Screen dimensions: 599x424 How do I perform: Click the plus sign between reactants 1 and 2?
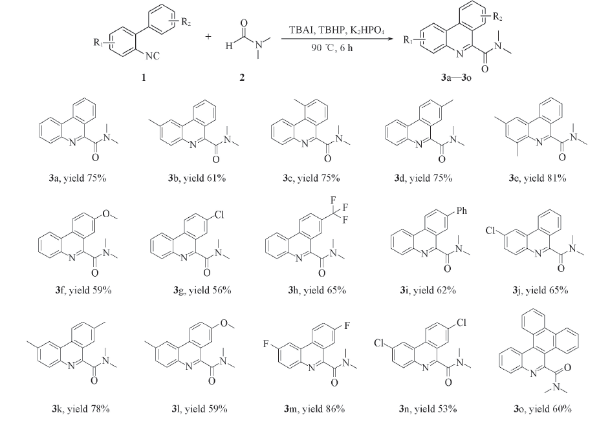click(208, 37)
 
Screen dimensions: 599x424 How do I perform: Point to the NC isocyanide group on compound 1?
click(153, 56)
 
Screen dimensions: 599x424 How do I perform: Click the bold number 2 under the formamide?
click(242, 77)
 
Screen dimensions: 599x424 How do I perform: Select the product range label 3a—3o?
click(456, 78)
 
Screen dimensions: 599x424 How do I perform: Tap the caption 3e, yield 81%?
click(538, 178)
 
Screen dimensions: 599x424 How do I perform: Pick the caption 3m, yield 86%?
click(314, 409)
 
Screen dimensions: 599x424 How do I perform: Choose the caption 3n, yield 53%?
click(428, 409)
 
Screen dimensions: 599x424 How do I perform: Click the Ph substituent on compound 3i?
click(461, 211)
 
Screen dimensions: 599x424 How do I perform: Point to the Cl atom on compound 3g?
click(219, 215)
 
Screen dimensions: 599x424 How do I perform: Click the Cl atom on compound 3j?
click(491, 230)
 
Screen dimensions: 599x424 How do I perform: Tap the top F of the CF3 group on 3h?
click(332, 200)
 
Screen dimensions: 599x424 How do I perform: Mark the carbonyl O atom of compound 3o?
click(567, 368)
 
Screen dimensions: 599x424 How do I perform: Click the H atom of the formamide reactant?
click(228, 46)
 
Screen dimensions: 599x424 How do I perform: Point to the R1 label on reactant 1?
click(98, 43)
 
